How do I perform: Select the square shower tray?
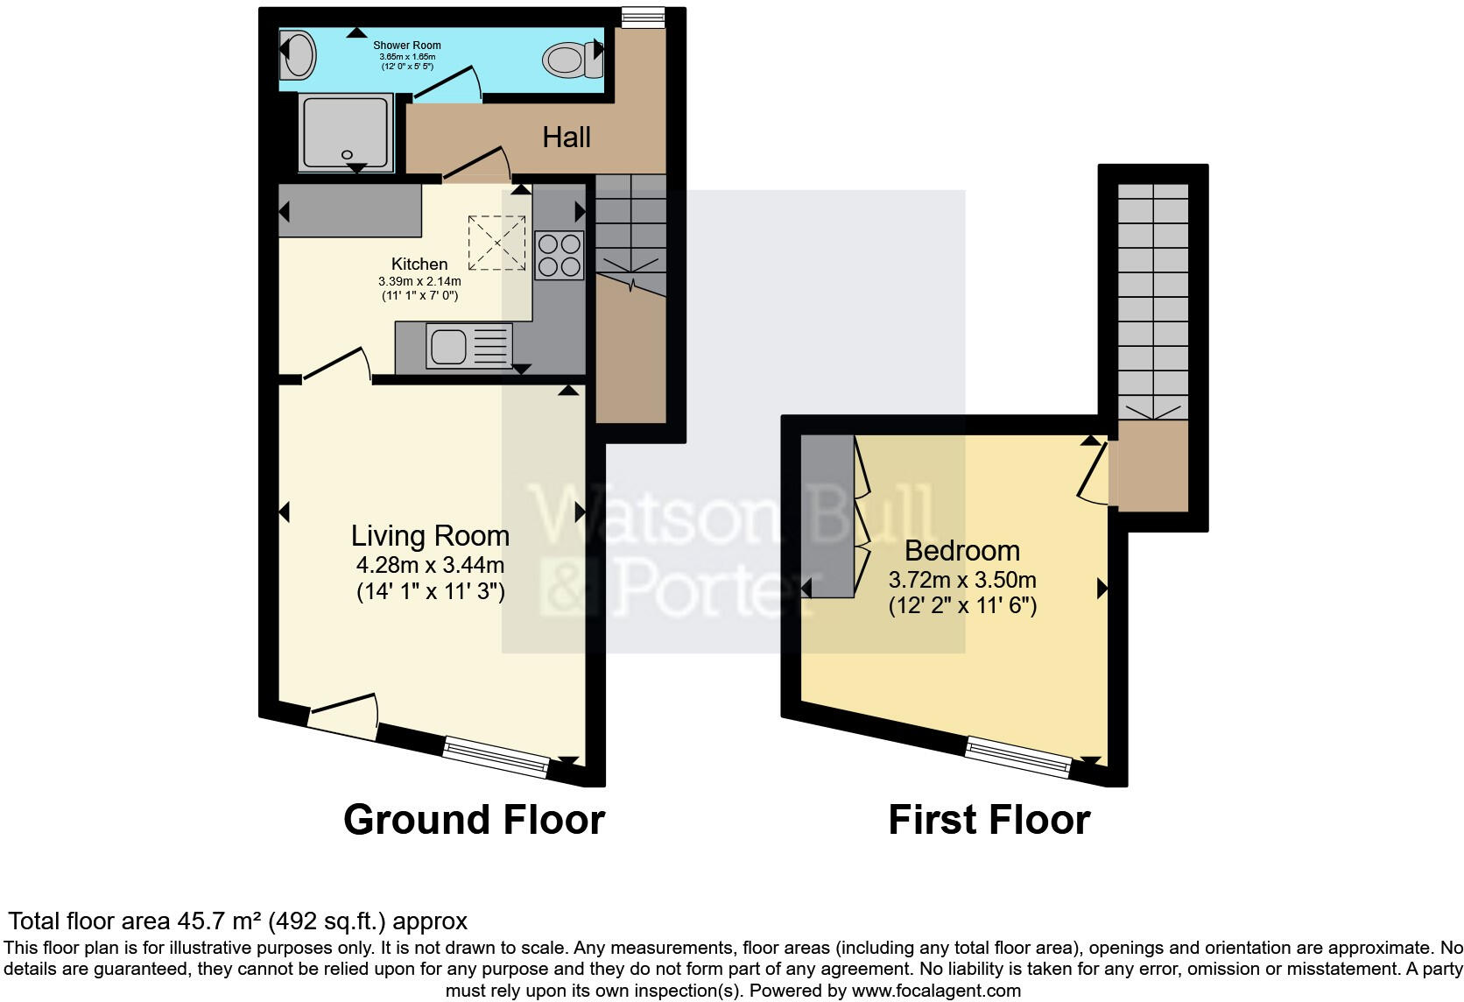344,133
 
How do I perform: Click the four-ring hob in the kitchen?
559,255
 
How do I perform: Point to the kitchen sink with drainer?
468,346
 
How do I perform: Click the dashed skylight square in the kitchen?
497,242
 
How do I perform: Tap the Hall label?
567,138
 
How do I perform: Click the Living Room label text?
430,535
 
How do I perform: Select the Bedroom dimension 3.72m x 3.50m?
962,579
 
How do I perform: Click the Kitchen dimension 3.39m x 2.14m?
419,281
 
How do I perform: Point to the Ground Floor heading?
474,820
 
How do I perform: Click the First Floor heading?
989,821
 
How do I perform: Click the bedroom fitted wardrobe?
827,517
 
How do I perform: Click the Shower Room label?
406,45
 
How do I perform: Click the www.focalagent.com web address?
936,991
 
